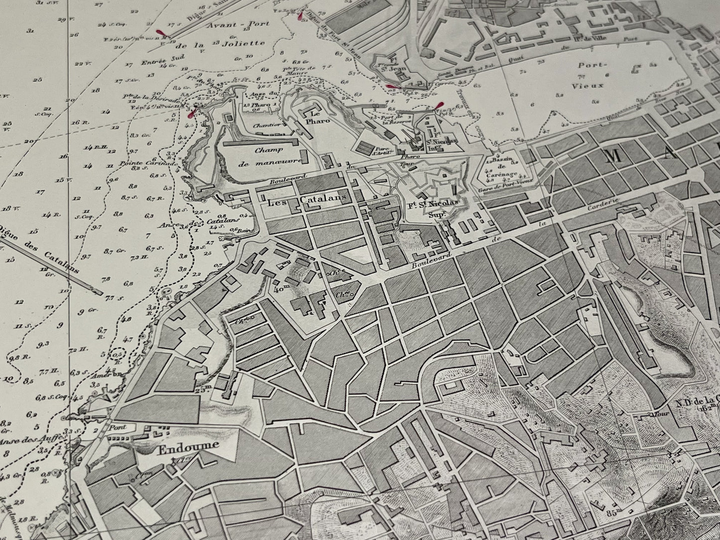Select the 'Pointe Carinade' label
152,163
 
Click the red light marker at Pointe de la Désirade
189,113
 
